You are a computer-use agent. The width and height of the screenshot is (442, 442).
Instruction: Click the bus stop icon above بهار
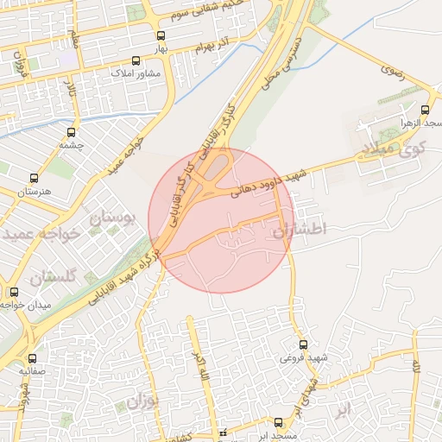tap(161, 36)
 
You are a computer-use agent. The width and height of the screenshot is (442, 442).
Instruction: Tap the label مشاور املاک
tap(136, 74)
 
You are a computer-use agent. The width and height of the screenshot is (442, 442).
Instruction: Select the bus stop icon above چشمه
tap(71, 133)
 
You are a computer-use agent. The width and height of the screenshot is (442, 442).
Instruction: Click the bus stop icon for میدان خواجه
tap(13, 292)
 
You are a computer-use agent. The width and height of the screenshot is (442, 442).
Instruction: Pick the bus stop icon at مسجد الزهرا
tap(425, 110)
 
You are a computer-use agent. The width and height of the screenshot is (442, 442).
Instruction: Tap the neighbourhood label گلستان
tap(53, 278)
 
